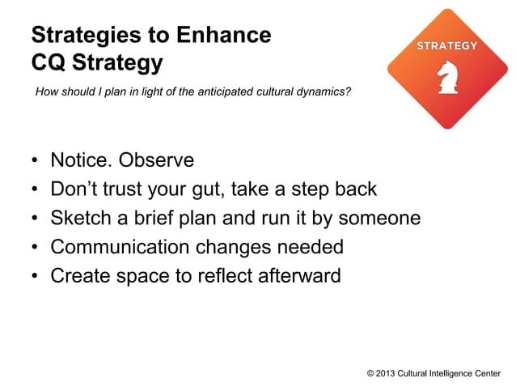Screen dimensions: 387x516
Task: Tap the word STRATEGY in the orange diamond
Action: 446,46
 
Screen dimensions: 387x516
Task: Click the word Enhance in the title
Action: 222,35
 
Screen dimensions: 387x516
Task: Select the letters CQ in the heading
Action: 48,62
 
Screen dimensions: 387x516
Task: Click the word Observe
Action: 157,160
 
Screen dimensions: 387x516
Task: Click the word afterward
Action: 299,276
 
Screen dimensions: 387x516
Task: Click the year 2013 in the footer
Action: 387,373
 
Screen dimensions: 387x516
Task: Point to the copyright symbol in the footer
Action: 370,373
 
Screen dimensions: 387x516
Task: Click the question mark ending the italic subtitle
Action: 349,92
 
